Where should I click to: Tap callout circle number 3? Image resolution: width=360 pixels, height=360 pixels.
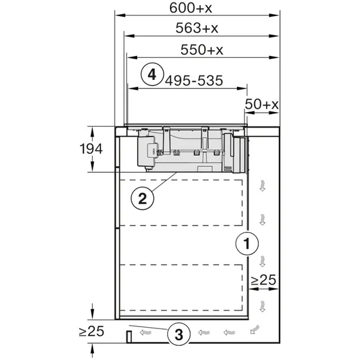click(x=179, y=334)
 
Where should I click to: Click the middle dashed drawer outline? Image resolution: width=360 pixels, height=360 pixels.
click(x=182, y=245)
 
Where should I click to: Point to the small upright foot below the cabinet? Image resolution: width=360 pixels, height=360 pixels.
click(x=129, y=335)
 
